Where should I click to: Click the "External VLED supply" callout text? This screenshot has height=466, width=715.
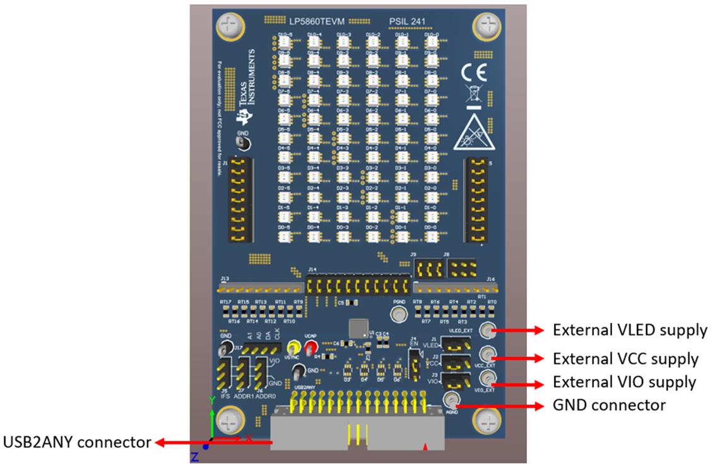pos(630,330)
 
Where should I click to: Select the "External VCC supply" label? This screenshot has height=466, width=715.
pos(625,359)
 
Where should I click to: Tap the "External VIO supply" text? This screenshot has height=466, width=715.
pos(624,382)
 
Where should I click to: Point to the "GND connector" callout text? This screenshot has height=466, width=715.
pos(608,405)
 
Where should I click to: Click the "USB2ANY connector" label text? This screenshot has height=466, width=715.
pos(78,442)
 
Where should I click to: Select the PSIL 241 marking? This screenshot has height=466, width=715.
pos(407,21)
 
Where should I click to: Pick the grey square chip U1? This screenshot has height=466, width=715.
pos(358,328)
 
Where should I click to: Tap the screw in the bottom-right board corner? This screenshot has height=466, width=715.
pos(487,420)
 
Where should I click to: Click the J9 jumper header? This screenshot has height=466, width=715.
pos(428,268)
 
